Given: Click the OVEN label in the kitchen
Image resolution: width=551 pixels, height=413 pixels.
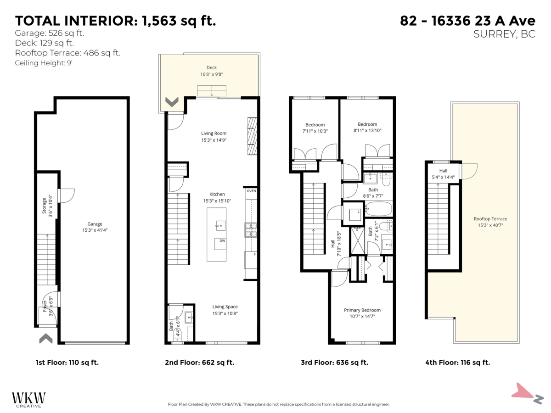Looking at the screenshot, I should coord(251,190).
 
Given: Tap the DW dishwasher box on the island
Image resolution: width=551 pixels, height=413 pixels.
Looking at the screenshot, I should coord(222,241).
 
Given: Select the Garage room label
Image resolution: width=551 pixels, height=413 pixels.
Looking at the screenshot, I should coord(95,224).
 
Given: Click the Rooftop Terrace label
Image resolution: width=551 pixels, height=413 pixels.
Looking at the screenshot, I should coord(490,219).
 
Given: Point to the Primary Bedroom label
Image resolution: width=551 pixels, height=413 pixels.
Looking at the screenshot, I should coord(362,310).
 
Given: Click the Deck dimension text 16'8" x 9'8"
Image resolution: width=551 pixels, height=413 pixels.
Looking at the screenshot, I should coord(211,74).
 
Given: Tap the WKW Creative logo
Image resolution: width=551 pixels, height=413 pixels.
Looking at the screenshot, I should coord(28,398).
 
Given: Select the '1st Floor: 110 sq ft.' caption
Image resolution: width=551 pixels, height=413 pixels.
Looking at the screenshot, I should coord(67,363).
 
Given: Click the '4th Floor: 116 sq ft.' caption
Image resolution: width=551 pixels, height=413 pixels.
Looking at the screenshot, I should coord(457,363).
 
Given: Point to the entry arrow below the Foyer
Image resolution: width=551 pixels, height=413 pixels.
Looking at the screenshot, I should coord(45,339).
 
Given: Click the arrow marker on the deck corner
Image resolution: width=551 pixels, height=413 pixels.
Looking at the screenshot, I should coord(172,102).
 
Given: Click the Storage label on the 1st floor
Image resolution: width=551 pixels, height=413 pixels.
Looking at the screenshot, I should coord(45,206).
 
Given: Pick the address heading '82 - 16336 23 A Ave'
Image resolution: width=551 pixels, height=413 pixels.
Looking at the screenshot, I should coord(467,21).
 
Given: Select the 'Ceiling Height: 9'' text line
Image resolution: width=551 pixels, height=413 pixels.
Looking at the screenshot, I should coord(44,63).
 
